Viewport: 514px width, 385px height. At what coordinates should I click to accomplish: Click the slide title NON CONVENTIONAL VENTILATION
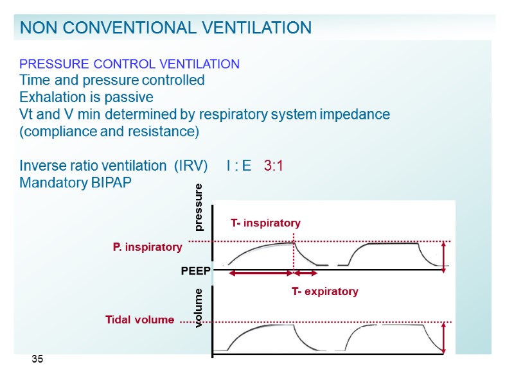tap(166, 28)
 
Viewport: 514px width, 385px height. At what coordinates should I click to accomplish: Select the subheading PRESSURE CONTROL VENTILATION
tap(130, 64)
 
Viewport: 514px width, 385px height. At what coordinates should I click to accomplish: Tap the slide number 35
tap(38, 359)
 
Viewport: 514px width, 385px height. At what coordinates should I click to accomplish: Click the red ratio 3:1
tap(274, 166)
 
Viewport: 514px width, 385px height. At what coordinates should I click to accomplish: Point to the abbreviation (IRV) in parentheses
tap(185, 166)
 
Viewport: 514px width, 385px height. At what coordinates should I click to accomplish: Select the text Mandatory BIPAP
tap(75, 183)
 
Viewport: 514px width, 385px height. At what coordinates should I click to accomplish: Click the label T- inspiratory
tap(265, 223)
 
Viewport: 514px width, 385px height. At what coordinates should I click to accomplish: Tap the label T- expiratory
tap(324, 291)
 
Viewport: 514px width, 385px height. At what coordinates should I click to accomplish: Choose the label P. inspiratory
tap(148, 247)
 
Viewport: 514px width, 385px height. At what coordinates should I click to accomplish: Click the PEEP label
tap(196, 271)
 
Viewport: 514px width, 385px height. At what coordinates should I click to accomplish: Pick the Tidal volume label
tap(139, 320)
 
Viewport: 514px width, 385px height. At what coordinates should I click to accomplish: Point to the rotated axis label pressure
tap(199, 207)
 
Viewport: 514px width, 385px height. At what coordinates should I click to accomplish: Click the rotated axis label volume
tap(199, 308)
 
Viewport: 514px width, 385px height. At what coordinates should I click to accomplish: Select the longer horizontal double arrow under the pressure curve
tap(261, 273)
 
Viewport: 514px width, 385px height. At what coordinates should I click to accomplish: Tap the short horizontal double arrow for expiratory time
tap(306, 273)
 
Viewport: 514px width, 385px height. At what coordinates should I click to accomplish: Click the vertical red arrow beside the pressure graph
tap(444, 257)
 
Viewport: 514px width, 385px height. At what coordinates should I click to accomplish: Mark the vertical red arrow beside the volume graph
tap(444, 338)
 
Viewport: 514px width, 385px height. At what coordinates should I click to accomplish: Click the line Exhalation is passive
tap(87, 98)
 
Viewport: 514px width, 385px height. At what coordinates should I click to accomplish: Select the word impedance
tap(357, 115)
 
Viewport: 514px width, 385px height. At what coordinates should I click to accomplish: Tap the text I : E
tap(239, 166)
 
